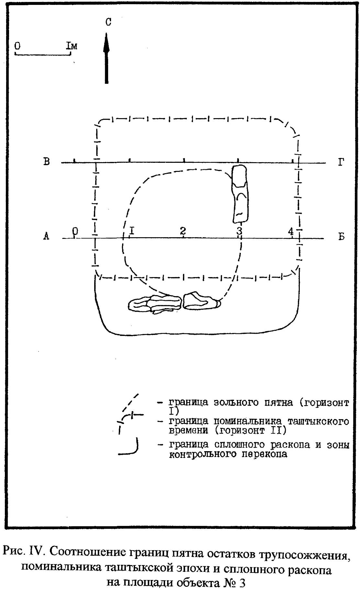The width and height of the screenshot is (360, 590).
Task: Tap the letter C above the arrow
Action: [x=108, y=22]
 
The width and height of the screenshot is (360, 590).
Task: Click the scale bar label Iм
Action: [x=72, y=46]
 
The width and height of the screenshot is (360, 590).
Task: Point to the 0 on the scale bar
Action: [x=17, y=46]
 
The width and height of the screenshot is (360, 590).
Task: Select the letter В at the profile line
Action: [x=47, y=161]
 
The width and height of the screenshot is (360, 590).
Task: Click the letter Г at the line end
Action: [x=341, y=162]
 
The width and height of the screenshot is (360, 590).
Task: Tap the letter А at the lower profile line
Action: [x=46, y=237]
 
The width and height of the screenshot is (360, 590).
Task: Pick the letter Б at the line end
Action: [x=341, y=237]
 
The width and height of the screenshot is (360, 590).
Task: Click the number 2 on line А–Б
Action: [x=183, y=231]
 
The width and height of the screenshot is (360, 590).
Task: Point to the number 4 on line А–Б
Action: [x=291, y=231]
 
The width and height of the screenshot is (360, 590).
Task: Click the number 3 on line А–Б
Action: [x=239, y=231]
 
